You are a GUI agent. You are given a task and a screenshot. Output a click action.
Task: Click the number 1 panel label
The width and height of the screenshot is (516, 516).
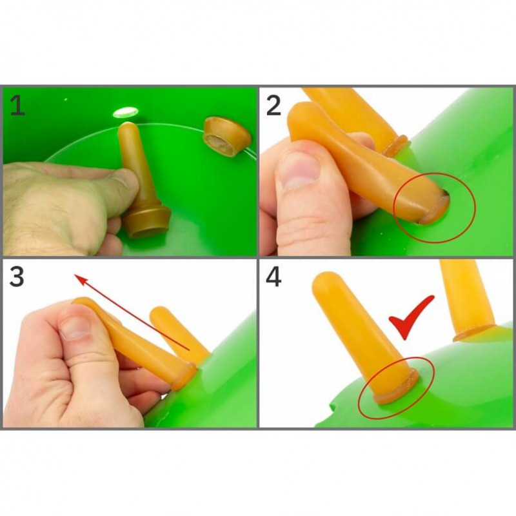(x=17, y=106)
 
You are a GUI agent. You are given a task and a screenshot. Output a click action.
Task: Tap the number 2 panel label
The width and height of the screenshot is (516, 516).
(x=273, y=105)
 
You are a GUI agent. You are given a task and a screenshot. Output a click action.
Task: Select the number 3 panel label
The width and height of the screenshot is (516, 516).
(x=17, y=277)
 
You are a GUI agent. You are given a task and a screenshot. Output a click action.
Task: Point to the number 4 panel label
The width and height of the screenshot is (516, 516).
(x=273, y=277)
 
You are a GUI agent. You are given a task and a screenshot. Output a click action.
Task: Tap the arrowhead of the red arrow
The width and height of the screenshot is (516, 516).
(x=82, y=280)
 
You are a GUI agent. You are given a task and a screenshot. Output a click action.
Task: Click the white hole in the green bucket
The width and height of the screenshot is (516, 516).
(x=125, y=112)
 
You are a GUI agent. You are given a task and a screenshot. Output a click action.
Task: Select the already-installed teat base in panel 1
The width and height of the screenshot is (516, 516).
(x=228, y=137)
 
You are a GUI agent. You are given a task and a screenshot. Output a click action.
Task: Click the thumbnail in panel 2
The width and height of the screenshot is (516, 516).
(x=299, y=170)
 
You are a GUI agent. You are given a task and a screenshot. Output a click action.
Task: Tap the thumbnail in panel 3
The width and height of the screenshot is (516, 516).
(x=75, y=328)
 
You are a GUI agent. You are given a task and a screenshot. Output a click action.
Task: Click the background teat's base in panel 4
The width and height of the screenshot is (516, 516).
(x=475, y=332)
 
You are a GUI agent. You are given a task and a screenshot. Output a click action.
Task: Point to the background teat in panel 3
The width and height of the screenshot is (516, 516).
(x=178, y=332)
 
